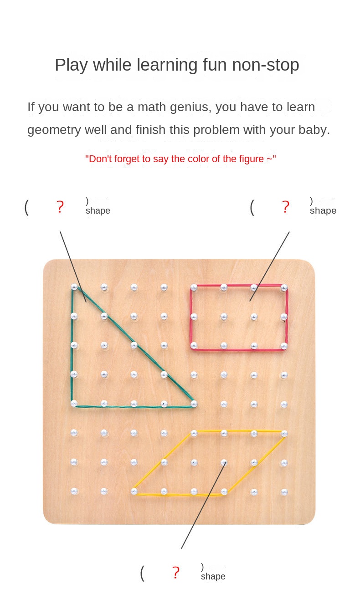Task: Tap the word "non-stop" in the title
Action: click(x=266, y=65)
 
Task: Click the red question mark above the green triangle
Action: click(x=60, y=207)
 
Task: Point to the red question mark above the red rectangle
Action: click(x=286, y=207)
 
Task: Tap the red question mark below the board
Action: click(x=176, y=573)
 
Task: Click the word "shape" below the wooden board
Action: click(x=213, y=576)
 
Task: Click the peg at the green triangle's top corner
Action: click(x=74, y=287)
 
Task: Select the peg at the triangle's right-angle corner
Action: click(x=74, y=403)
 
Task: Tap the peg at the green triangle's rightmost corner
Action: click(x=194, y=403)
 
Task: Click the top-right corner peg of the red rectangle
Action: click(x=284, y=288)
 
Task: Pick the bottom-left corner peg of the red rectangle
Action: click(x=194, y=345)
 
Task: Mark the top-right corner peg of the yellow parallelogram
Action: click(x=284, y=434)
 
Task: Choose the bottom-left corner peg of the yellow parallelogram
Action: click(x=134, y=491)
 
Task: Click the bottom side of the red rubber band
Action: click(x=238, y=350)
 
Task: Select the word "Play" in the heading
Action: click(x=71, y=66)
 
